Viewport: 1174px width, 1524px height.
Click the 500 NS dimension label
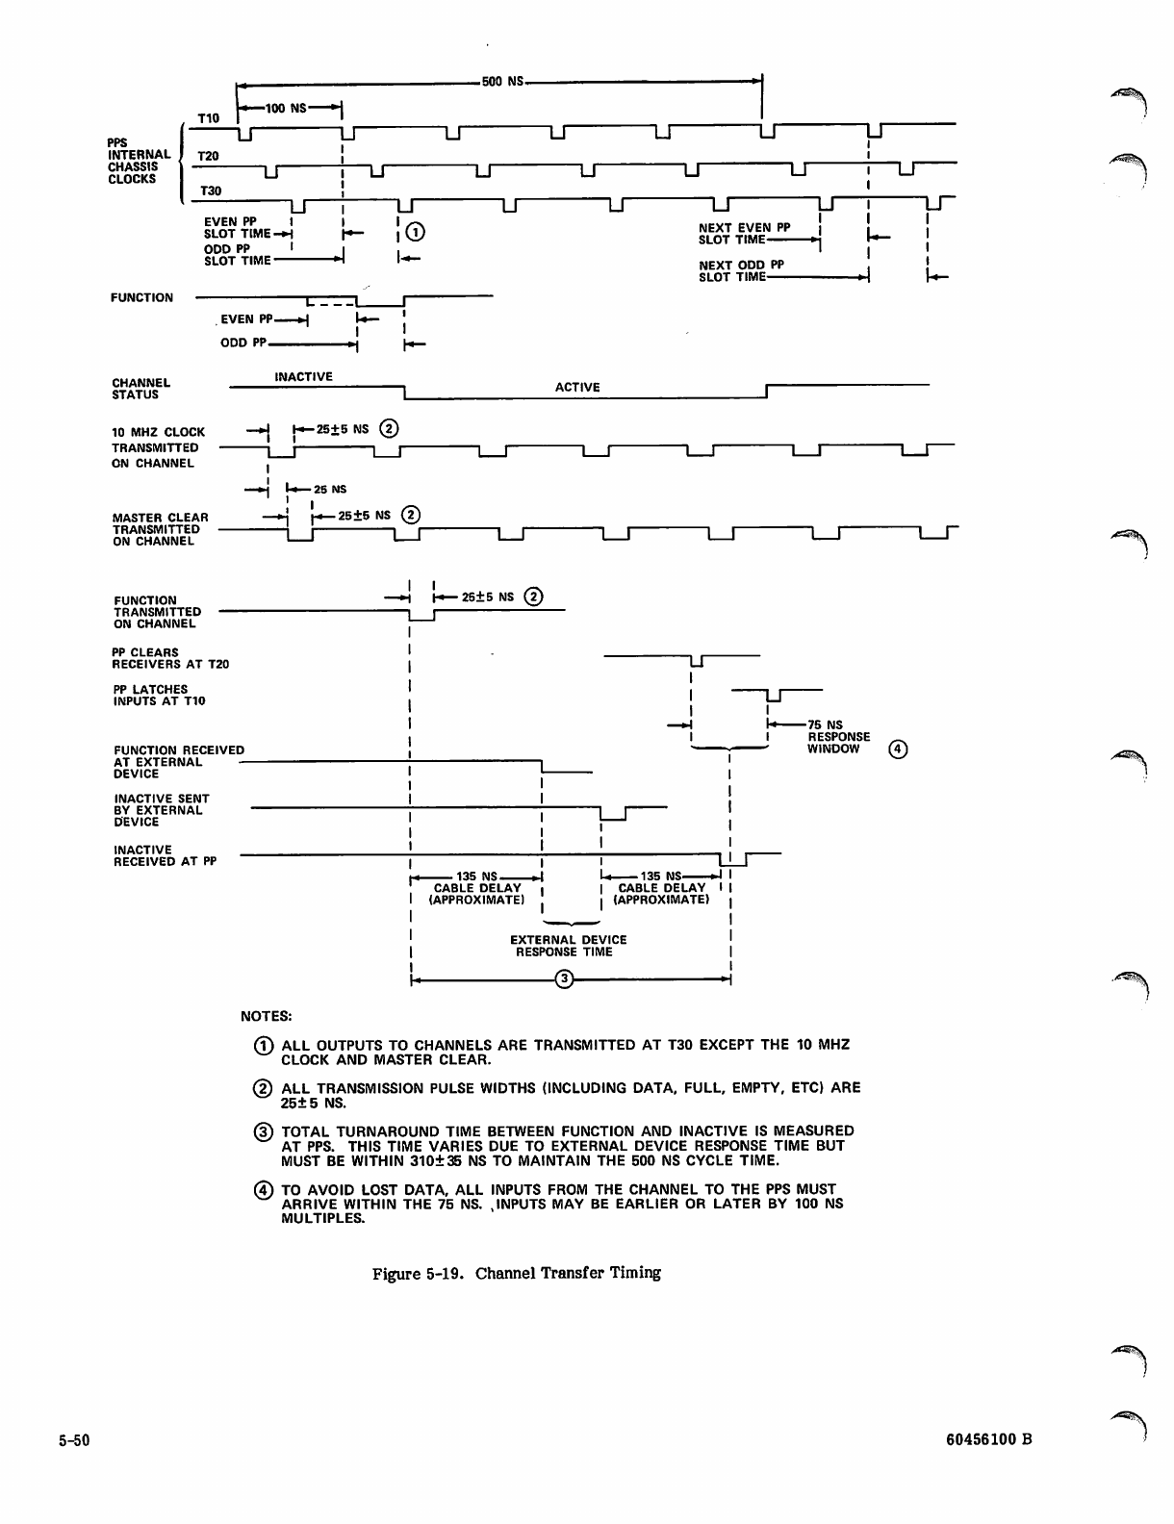[501, 81]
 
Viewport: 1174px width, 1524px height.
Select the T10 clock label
[209, 118]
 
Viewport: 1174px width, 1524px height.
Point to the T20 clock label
[208, 156]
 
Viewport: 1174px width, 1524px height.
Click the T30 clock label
[209, 191]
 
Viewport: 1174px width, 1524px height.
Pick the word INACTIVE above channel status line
[303, 376]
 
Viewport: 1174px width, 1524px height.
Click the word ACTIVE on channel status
[577, 387]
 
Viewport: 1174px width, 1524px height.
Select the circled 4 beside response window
[897, 748]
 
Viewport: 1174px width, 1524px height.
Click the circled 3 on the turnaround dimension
[566, 979]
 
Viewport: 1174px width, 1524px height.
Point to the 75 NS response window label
[838, 737]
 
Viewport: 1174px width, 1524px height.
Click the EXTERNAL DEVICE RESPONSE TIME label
[568, 946]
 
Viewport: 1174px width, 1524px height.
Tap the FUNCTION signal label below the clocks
[141, 297]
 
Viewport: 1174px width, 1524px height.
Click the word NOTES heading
[266, 1015]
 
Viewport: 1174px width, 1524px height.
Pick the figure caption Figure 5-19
[517, 1273]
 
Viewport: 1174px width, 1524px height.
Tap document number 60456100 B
[987, 1440]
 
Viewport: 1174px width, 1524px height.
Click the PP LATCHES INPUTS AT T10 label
[159, 695]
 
